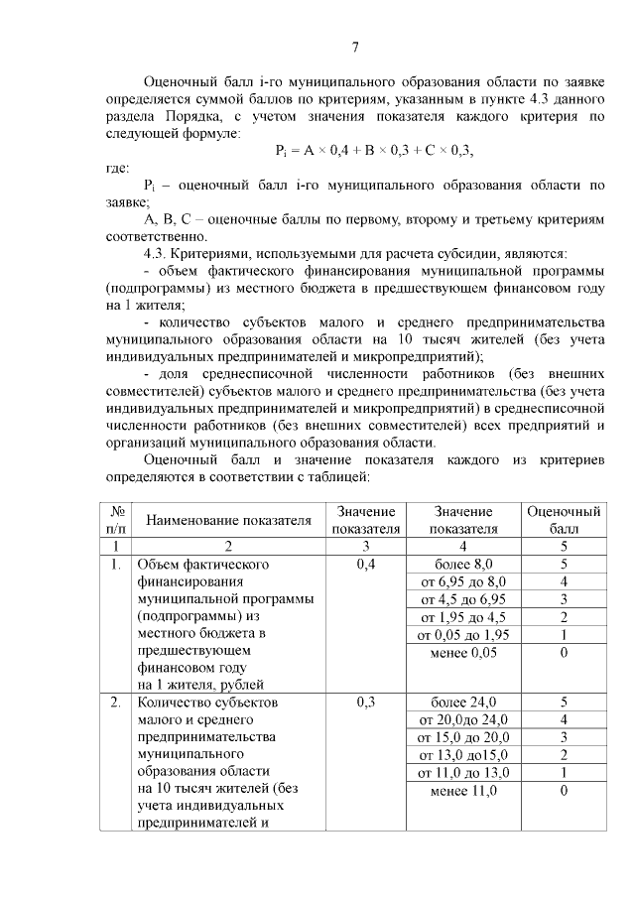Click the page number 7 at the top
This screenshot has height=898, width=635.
(355, 47)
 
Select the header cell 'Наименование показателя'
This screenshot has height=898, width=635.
(229, 520)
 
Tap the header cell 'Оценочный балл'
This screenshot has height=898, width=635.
(564, 520)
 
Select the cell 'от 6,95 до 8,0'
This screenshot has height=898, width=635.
(464, 581)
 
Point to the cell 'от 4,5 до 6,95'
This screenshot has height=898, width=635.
(464, 599)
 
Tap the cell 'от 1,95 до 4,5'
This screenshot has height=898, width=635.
(464, 617)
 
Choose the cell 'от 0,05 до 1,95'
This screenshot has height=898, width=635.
(464, 635)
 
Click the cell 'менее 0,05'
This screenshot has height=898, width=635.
(464, 653)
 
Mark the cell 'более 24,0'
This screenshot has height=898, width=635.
(464, 704)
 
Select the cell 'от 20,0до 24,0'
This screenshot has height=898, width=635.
(464, 720)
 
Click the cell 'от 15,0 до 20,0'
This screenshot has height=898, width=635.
(464, 738)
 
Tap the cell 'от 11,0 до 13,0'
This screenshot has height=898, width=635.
(464, 774)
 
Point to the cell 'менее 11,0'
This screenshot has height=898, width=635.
(464, 792)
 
